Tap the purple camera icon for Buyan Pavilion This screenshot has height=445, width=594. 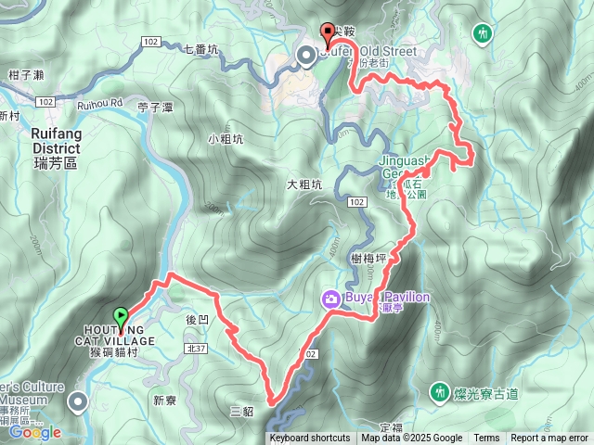pyautogui.click(x=329, y=298)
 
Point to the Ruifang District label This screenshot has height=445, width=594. pyautogui.click(x=45, y=140)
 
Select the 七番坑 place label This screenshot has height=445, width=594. pyautogui.click(x=201, y=49)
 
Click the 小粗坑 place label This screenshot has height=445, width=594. pyautogui.click(x=226, y=140)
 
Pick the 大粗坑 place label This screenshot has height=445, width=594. pyautogui.click(x=303, y=185)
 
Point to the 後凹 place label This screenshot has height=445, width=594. pyautogui.click(x=197, y=319)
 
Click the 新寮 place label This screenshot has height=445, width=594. pyautogui.click(x=164, y=400)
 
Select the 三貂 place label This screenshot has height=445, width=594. pyautogui.click(x=239, y=410)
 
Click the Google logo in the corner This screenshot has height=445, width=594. pyautogui.click(x=34, y=432)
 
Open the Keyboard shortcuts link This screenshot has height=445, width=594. pyautogui.click(x=310, y=439)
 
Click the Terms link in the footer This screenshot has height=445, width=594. pyautogui.click(x=486, y=439)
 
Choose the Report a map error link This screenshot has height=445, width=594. pyautogui.click(x=549, y=439)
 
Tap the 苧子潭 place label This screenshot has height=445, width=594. pyautogui.click(x=155, y=108)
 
